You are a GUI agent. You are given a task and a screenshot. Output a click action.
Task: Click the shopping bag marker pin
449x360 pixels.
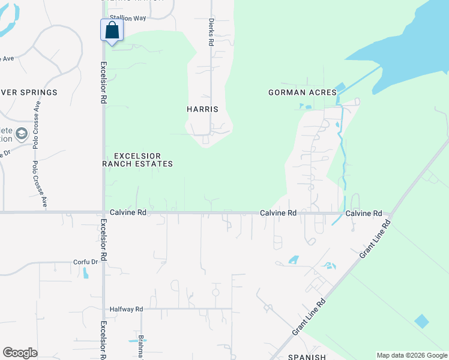pos(112,31)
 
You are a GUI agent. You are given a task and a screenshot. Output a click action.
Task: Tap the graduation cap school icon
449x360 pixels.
pos(22,134)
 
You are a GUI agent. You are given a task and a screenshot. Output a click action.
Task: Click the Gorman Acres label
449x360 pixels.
pos(297,92)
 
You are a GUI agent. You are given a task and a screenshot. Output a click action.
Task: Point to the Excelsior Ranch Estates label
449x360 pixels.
pos(139,160)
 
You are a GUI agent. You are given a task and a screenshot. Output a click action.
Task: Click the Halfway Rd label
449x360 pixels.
pos(126,309)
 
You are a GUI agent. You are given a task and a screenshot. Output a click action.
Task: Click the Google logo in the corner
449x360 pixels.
pos(20,353)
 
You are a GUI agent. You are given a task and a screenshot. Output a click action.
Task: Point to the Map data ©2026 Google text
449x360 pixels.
pos(412,355)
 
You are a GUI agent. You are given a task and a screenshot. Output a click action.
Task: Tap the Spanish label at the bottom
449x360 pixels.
pos(306,356)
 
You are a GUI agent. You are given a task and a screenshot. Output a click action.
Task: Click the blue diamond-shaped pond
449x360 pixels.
pos(422,321)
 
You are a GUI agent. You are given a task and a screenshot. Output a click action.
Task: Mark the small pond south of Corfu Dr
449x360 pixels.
pos(85,273)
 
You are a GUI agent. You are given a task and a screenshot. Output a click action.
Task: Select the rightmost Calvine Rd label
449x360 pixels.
pos(363,213)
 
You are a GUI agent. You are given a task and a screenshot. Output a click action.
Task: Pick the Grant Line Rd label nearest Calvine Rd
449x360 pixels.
pos(376,239)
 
